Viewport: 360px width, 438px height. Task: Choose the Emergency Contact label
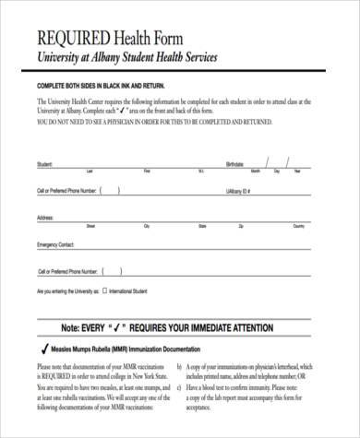coord(54,245)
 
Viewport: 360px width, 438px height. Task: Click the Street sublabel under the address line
coord(90,226)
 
